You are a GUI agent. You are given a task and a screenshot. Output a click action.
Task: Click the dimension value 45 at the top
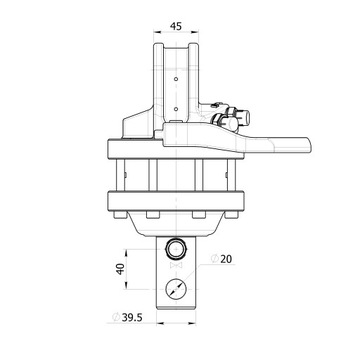(176, 26)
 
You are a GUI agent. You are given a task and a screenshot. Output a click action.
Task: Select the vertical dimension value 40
(120, 269)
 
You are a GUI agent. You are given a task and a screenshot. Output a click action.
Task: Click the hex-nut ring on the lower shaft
(176, 249)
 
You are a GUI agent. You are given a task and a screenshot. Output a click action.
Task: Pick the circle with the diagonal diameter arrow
(176, 289)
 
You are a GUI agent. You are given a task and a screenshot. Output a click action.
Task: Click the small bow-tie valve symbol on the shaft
(176, 265)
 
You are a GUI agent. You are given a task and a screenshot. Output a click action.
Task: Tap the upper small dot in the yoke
(176, 79)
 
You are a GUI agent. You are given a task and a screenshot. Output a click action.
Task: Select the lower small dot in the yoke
(176, 109)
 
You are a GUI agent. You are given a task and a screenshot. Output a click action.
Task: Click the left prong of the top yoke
(158, 83)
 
